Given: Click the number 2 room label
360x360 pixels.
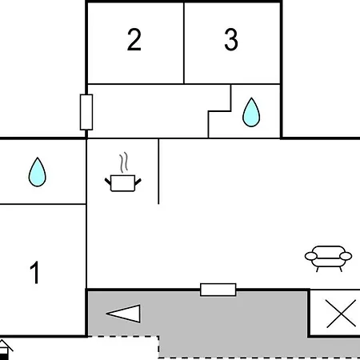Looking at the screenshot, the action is pos(134,39).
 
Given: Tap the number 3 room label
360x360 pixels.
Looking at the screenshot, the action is pos(231,39).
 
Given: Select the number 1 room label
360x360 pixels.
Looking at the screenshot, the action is pos(35,272).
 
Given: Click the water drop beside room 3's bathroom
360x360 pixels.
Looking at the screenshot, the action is pos(251,112).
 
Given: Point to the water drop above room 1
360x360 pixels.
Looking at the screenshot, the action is pos(38,172).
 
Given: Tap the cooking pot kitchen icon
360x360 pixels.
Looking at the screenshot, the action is pos(122,183).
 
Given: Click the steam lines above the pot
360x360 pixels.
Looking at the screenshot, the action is pos(123,162).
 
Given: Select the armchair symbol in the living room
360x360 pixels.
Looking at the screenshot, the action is pos(328,258).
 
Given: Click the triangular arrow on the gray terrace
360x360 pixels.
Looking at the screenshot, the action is pos(124,314).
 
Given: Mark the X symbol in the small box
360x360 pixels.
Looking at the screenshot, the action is pos(342,314).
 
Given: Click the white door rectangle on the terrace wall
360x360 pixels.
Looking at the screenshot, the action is pos(218,290).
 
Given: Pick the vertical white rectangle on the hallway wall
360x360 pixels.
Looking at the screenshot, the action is pos(86,112).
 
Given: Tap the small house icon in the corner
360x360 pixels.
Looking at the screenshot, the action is pos(5,350).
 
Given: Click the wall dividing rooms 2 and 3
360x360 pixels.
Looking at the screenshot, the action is pos(184,42).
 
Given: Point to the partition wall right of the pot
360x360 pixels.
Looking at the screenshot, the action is pos(158,171).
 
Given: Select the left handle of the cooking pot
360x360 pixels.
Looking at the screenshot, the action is pos(108,182).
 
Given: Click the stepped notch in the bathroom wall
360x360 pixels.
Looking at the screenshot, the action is pos(219,111).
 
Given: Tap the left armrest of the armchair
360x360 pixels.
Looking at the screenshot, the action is pos(311,256).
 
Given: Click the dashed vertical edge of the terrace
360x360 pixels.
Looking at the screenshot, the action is pos(158,346).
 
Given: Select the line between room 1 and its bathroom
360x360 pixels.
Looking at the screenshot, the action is pos(43,204).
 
